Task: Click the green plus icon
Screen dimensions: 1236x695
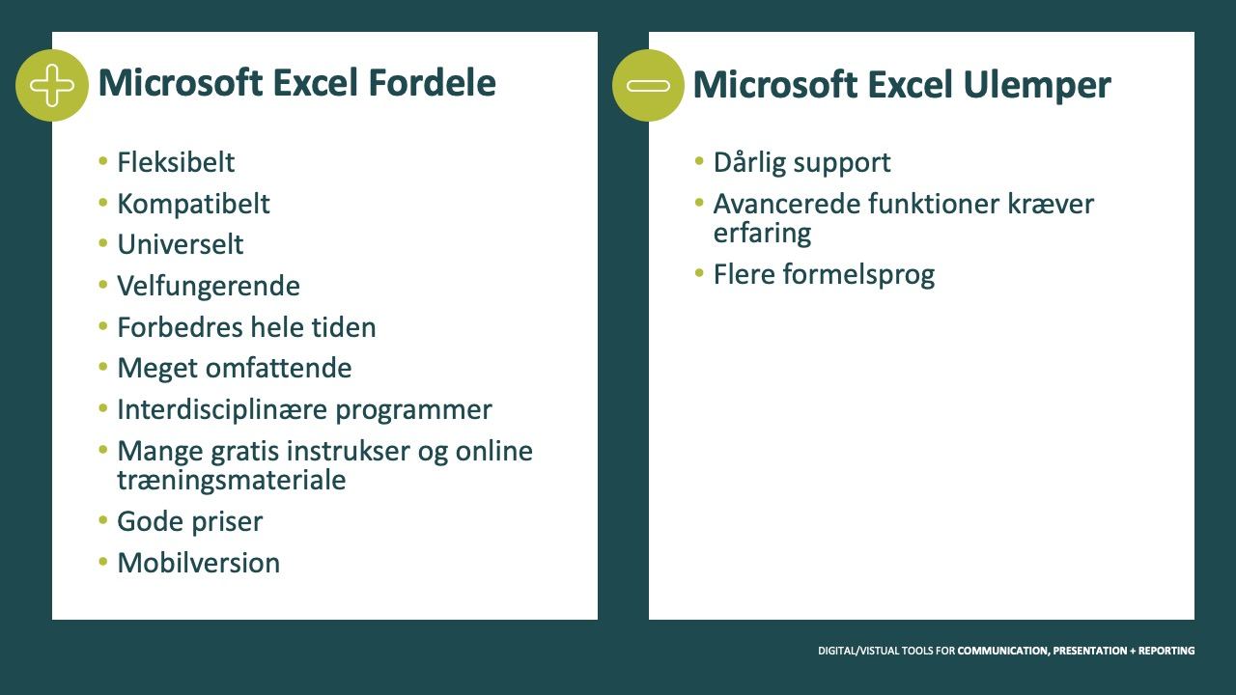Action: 52,86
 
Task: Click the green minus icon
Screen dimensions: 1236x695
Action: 648,86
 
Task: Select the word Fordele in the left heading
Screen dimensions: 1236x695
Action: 432,83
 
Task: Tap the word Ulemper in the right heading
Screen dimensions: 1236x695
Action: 1037,86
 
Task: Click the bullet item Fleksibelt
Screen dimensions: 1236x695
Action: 176,162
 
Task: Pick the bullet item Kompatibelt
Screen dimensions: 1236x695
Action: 194,204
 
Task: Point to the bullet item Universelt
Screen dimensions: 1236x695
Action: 181,244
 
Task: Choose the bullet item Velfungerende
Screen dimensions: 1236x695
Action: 209,287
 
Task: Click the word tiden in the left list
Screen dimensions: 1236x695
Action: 344,327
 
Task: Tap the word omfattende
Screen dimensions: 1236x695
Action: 279,368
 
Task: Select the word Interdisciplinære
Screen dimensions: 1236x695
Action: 222,409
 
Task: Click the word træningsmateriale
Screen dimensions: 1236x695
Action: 232,480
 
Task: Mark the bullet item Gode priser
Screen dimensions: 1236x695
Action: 190,522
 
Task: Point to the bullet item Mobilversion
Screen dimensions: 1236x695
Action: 199,563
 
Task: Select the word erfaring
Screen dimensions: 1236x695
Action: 763,234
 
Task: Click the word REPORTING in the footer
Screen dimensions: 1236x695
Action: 1166,651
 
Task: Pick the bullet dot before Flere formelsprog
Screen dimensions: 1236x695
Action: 699,273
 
